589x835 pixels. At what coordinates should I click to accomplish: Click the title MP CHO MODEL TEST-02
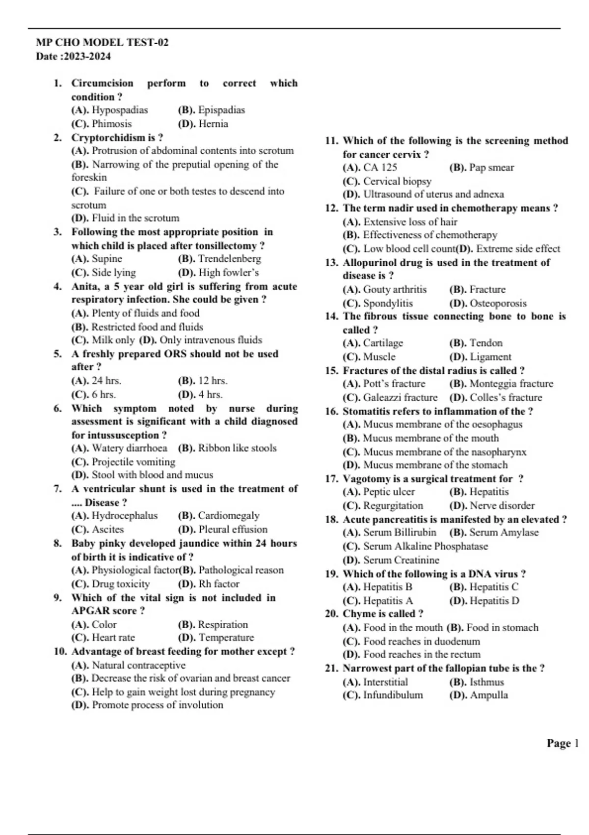[102, 42]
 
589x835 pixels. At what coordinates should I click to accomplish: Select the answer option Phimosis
[111, 124]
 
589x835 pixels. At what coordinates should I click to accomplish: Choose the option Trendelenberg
[229, 259]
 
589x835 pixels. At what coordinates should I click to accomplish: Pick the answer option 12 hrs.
[213, 381]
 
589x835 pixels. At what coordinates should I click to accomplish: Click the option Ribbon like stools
[237, 448]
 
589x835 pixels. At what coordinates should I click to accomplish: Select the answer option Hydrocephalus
[125, 516]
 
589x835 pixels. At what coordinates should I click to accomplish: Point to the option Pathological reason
[241, 570]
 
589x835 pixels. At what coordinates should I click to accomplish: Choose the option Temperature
[226, 638]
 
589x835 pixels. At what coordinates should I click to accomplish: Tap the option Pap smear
[491, 167]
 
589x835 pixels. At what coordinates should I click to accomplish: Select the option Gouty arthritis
[395, 290]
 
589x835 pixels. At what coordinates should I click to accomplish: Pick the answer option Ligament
[490, 357]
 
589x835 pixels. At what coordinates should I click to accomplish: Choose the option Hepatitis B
[387, 587]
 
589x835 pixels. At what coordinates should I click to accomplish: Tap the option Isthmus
[486, 682]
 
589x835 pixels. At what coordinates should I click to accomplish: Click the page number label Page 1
[562, 744]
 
